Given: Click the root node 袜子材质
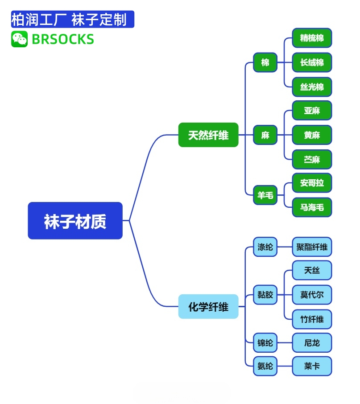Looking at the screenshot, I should pos(75,221).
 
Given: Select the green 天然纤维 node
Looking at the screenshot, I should pos(208,135).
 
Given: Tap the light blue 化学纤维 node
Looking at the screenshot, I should pos(208,306).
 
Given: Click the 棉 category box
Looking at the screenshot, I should pos(265,62).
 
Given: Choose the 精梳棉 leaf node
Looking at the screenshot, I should pos(312,38).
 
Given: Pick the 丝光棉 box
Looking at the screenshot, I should pos(312,87).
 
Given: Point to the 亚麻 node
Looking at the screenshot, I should pos(312,111).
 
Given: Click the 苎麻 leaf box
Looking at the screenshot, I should pos(312,159).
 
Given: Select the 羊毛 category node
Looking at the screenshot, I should pos(265,195).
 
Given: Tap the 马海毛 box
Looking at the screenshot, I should pos(312,207).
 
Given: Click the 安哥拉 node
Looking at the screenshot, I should pos(312,183).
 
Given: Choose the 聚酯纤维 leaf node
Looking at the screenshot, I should pos(312,247).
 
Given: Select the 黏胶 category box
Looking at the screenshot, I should pos(265,295).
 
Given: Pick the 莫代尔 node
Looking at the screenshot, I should pos(312,295).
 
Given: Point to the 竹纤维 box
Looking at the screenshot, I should pos(312,319).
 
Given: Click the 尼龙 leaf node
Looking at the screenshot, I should pos(312,343).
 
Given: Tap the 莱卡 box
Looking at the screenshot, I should pos(312,366).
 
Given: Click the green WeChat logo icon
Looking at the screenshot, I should pos(19,39).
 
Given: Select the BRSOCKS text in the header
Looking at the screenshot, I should pos(63,39).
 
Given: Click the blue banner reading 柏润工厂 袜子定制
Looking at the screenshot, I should pos(72,20).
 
